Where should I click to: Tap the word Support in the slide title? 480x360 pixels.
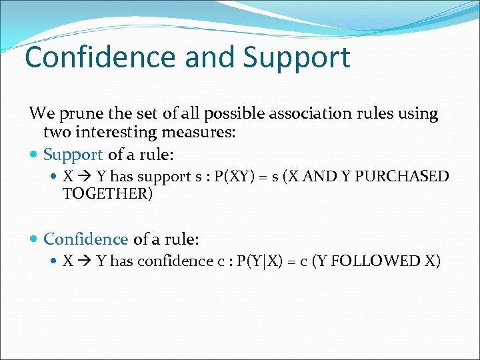click(x=296, y=58)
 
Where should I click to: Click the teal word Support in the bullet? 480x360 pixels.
click(x=73, y=155)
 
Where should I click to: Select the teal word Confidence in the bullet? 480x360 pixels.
click(x=85, y=238)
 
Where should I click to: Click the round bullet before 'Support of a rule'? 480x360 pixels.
click(x=35, y=155)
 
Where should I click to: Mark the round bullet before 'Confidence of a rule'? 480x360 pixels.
click(x=35, y=239)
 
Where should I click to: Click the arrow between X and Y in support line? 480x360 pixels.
click(x=85, y=177)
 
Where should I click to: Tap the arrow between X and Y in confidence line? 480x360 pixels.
click(x=85, y=261)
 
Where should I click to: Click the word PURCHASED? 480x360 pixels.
click(x=413, y=177)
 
